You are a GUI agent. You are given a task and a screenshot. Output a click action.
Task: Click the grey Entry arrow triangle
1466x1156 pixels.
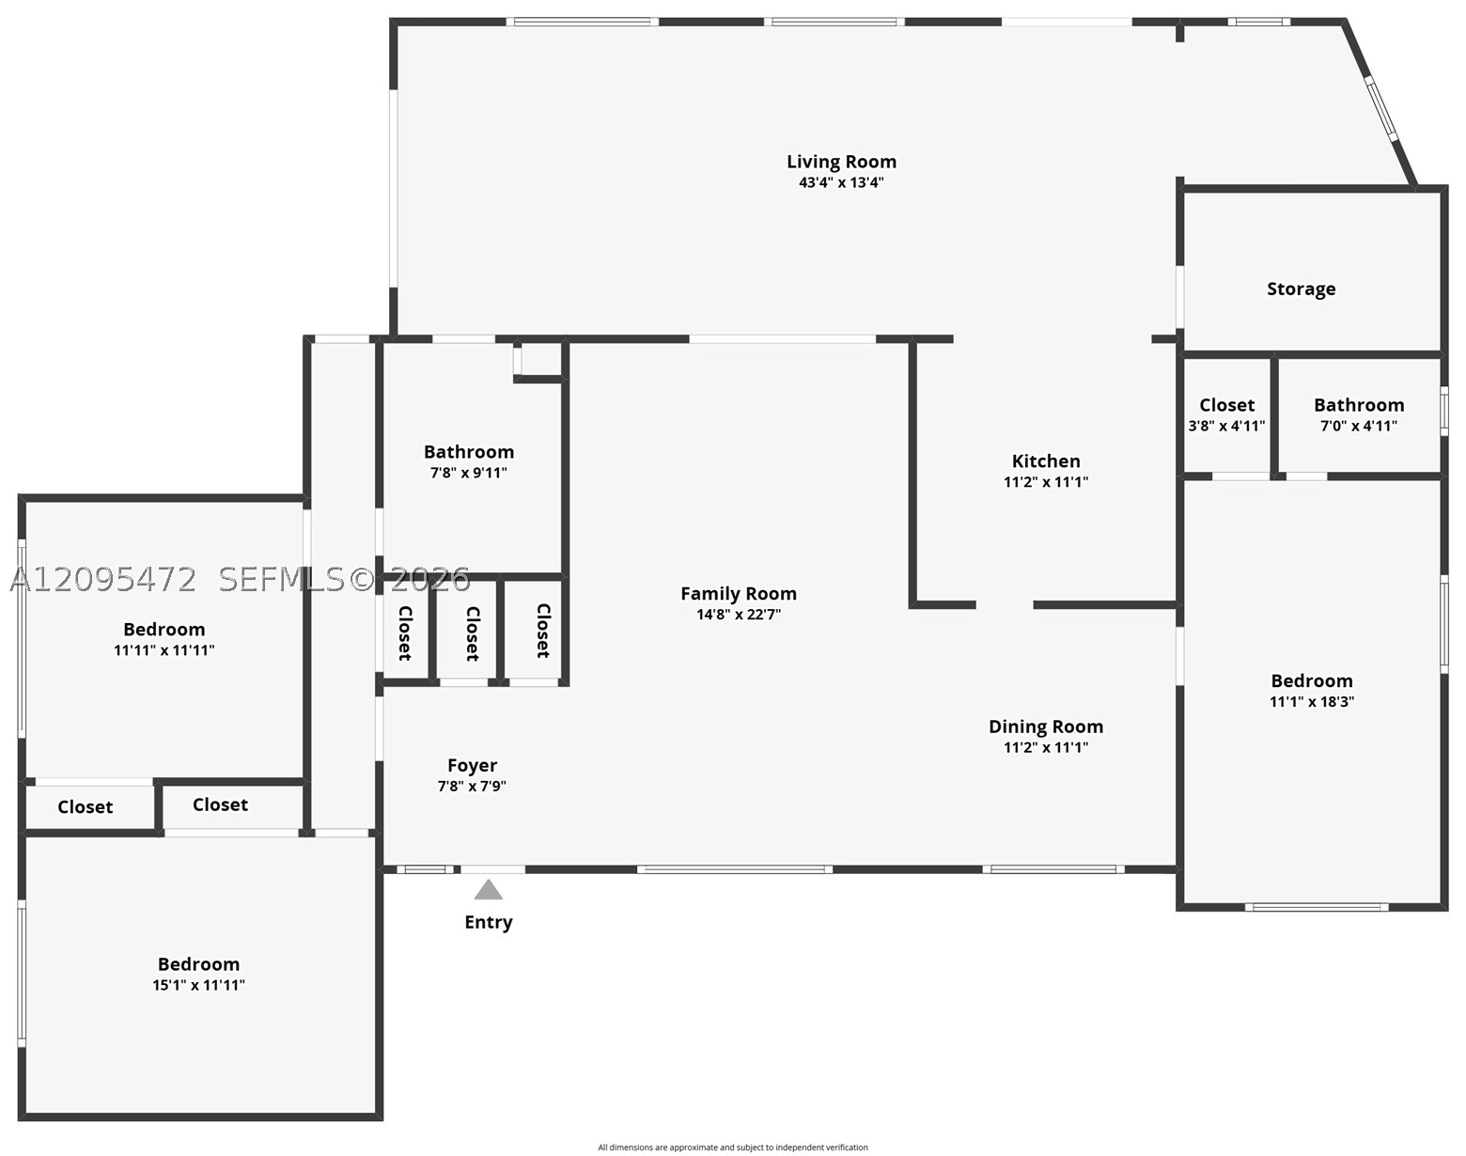tap(489, 890)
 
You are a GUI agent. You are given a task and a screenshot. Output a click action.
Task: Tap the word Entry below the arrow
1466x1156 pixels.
tap(489, 922)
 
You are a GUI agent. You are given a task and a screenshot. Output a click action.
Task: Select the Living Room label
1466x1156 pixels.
tap(841, 163)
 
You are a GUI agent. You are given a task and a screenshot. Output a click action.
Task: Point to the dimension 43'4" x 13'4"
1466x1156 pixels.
tap(841, 182)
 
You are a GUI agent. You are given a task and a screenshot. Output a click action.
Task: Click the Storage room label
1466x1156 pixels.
tap(1302, 289)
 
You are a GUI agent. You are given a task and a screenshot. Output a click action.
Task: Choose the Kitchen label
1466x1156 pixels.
tap(1046, 461)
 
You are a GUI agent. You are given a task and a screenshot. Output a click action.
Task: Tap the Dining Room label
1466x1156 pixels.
tap(1046, 726)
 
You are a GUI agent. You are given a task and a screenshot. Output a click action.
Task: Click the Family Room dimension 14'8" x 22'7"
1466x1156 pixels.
tap(739, 615)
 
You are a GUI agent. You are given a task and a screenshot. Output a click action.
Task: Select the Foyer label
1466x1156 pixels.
tap(472, 766)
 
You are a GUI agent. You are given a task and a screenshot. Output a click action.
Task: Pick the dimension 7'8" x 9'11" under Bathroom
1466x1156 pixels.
tap(469, 473)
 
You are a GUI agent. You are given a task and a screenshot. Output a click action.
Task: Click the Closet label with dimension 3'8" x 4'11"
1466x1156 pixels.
tap(1227, 405)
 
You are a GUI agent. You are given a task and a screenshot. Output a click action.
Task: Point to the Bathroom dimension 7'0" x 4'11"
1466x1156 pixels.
tap(1359, 427)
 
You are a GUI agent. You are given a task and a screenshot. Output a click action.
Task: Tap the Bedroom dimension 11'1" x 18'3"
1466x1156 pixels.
tap(1312, 702)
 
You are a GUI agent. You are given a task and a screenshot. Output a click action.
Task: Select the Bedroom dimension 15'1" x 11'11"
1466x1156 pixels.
tap(198, 985)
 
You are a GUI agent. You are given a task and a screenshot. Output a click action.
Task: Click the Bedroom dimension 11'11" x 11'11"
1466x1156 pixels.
tap(164, 650)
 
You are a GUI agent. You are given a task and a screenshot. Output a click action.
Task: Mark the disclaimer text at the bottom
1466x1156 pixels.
tap(733, 1148)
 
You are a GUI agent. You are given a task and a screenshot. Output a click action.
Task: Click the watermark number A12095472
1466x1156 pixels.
tap(102, 580)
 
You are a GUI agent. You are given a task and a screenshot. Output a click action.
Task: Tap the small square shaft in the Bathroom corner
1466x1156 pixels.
tap(538, 361)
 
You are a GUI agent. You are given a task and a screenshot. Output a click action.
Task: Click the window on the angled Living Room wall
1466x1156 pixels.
tap(1381, 109)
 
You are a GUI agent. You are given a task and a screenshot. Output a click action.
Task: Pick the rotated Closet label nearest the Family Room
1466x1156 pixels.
tap(543, 631)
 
